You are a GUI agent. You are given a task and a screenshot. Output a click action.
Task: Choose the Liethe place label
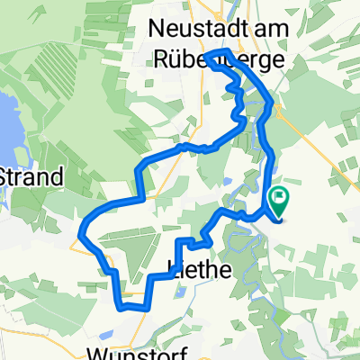tap(201, 268)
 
